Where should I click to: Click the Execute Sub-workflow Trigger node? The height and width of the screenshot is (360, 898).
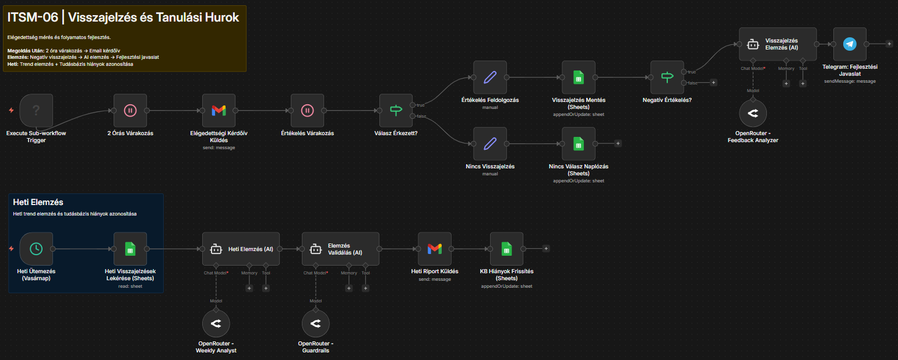point(36,110)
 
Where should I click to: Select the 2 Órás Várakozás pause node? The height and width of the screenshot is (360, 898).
point(130,110)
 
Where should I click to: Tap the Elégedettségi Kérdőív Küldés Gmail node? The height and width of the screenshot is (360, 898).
point(219,110)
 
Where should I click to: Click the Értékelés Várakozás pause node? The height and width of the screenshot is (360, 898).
point(308,110)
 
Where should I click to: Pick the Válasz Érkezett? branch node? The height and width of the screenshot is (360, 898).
point(396,110)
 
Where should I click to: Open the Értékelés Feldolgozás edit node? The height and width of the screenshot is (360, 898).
point(490,77)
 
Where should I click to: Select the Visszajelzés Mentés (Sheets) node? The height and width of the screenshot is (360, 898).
point(578,77)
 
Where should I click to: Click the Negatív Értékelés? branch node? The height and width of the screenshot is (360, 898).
point(667,77)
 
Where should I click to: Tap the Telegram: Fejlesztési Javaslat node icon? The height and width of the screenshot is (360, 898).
point(850,44)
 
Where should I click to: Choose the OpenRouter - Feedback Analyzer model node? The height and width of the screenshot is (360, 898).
point(753,114)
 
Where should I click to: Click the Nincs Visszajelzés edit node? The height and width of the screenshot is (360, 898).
point(490,143)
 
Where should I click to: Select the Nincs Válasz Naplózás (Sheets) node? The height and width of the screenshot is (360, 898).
point(578,143)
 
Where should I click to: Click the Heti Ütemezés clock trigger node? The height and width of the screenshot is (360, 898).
point(36,249)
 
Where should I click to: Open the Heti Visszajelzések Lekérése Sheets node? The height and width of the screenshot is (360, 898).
point(130,249)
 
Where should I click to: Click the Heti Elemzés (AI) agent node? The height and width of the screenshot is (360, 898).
point(241,249)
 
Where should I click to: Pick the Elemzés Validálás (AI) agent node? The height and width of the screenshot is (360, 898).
point(340,249)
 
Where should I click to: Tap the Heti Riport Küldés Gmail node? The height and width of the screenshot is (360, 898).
point(435,249)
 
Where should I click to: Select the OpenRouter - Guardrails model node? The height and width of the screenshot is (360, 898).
point(315,323)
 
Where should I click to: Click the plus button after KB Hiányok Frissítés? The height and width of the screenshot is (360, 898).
point(545,249)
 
